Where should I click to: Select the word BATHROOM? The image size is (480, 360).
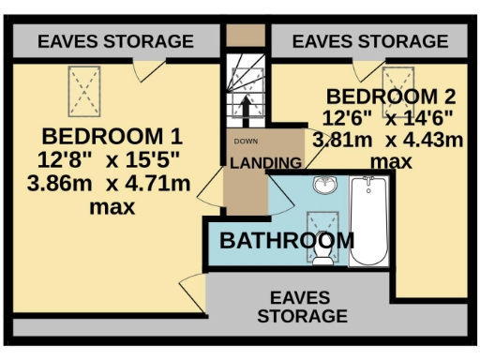pos(287,240)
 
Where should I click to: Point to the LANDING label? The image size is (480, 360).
pos(265,162)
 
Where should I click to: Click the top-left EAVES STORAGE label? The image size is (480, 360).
pos(116,41)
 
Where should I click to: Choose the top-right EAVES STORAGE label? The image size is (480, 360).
pos(370,41)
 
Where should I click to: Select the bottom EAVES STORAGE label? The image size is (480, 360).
pos(302,307)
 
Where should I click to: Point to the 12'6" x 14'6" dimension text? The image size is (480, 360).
pos(389,118)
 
